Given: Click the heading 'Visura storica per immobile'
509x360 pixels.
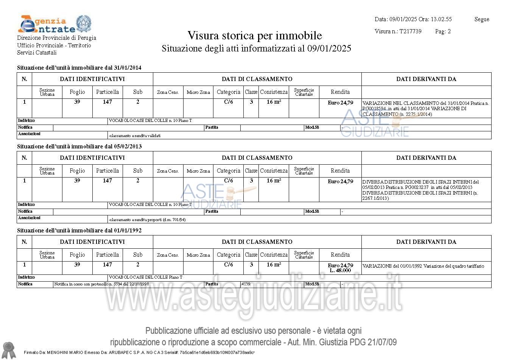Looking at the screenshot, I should (x=255, y=36).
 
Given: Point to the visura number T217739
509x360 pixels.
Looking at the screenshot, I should (x=410, y=31).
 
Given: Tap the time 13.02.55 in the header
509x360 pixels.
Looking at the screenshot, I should (x=441, y=19).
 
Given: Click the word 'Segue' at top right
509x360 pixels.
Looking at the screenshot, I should (x=481, y=19).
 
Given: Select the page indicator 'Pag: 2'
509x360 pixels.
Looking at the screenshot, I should (x=443, y=31).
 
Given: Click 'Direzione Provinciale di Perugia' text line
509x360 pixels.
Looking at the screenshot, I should (x=57, y=38).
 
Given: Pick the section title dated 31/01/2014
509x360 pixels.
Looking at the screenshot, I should (x=79, y=68).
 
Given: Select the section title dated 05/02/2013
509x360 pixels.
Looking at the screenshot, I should (x=79, y=146).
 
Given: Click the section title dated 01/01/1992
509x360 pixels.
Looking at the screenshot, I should (x=79, y=231).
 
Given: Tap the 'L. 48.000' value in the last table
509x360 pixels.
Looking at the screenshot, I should (x=340, y=271).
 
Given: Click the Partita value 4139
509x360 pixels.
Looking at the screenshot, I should (x=246, y=284).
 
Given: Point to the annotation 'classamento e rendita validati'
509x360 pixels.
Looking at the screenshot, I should (x=134, y=136).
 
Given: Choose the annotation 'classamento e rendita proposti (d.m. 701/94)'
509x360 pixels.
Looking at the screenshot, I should (x=147, y=220).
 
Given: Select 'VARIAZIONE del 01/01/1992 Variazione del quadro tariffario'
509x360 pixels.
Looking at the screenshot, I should (x=423, y=266).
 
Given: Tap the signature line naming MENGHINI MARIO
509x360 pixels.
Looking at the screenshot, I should (x=139, y=352).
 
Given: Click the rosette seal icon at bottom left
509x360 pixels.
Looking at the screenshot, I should (x=8, y=350).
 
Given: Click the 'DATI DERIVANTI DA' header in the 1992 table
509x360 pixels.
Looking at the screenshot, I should (x=426, y=242).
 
